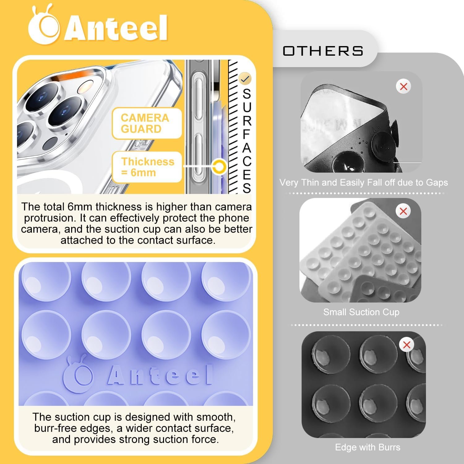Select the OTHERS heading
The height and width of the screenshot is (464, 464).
pos(323,51)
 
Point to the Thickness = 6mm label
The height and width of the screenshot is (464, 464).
pos(148,167)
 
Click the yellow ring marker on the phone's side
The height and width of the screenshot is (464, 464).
pos(220,167)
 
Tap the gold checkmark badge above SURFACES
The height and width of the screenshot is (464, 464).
pos(245,79)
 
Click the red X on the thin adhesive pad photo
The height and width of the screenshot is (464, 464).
pos(403,87)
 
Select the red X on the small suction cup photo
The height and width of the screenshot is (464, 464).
pos(403,211)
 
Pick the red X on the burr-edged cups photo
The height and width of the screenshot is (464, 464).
pos(406,345)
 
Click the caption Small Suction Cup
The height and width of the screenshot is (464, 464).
pos(361,312)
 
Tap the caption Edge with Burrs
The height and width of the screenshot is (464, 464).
pos(367,447)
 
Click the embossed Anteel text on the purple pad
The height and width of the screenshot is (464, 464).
pos(160,375)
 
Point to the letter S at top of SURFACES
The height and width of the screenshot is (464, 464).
pos(247,94)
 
